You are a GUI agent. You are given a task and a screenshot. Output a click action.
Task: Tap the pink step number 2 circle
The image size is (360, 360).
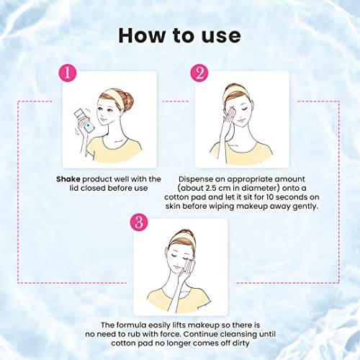pos(199,73)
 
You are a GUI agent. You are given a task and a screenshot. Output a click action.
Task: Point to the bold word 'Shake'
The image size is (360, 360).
pos(71,178)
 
